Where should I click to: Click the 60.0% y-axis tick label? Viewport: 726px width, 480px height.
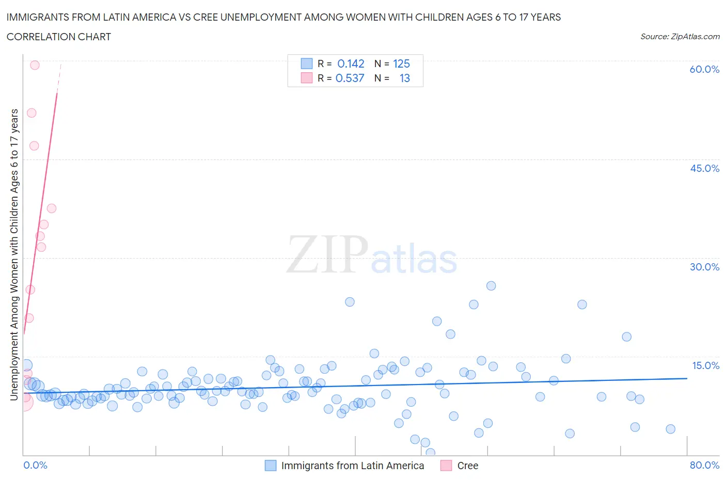click(704, 69)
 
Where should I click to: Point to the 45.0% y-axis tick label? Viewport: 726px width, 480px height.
click(704, 168)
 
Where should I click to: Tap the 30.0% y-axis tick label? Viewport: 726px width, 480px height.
click(704, 267)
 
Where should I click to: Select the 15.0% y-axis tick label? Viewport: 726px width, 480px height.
click(705, 365)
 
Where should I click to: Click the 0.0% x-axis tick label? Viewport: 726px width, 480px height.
click(35, 465)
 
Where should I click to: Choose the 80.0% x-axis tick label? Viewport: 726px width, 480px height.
click(704, 465)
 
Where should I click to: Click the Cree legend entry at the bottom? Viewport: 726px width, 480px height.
click(467, 466)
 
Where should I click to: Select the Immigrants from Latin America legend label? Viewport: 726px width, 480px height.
click(352, 466)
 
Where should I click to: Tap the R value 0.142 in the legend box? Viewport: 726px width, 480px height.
click(351, 63)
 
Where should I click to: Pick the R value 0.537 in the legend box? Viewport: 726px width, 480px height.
click(350, 78)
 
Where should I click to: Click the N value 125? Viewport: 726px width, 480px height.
click(401, 63)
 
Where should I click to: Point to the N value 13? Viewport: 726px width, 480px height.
click(404, 78)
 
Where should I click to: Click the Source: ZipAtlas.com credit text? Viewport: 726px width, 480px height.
click(680, 36)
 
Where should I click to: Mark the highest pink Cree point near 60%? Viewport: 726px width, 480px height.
click(35, 65)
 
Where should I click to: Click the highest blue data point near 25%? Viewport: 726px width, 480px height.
click(491, 286)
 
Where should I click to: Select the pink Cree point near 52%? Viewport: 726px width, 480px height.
click(31, 113)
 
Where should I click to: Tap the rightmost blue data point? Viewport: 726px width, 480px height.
click(670, 429)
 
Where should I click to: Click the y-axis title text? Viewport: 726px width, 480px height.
click(14, 255)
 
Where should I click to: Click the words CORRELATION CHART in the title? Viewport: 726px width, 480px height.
click(59, 37)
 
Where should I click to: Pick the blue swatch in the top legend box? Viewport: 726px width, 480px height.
click(307, 63)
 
